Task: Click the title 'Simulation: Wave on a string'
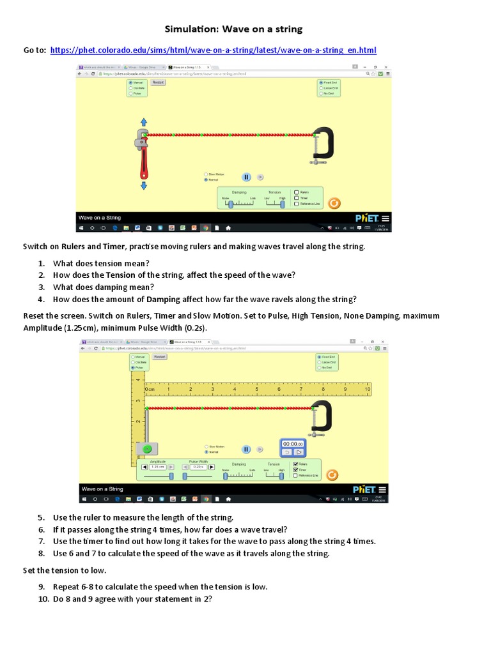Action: pyautogui.click(x=233, y=29)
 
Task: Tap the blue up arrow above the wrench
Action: pyautogui.click(x=143, y=121)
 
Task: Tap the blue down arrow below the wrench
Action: pyautogui.click(x=143, y=185)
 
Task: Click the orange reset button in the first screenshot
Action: pyautogui.click(x=332, y=203)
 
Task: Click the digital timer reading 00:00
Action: pyautogui.click(x=293, y=443)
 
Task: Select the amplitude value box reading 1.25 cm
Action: pyautogui.click(x=157, y=467)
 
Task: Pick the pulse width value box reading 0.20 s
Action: pyautogui.click(x=198, y=467)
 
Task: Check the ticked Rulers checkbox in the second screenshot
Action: pyautogui.click(x=295, y=464)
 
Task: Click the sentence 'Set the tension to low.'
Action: pyautogui.click(x=65, y=570)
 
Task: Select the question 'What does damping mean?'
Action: pyautogui.click(x=103, y=287)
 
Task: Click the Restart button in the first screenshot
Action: pyautogui.click(x=157, y=82)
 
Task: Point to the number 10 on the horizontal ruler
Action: pyautogui.click(x=367, y=388)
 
